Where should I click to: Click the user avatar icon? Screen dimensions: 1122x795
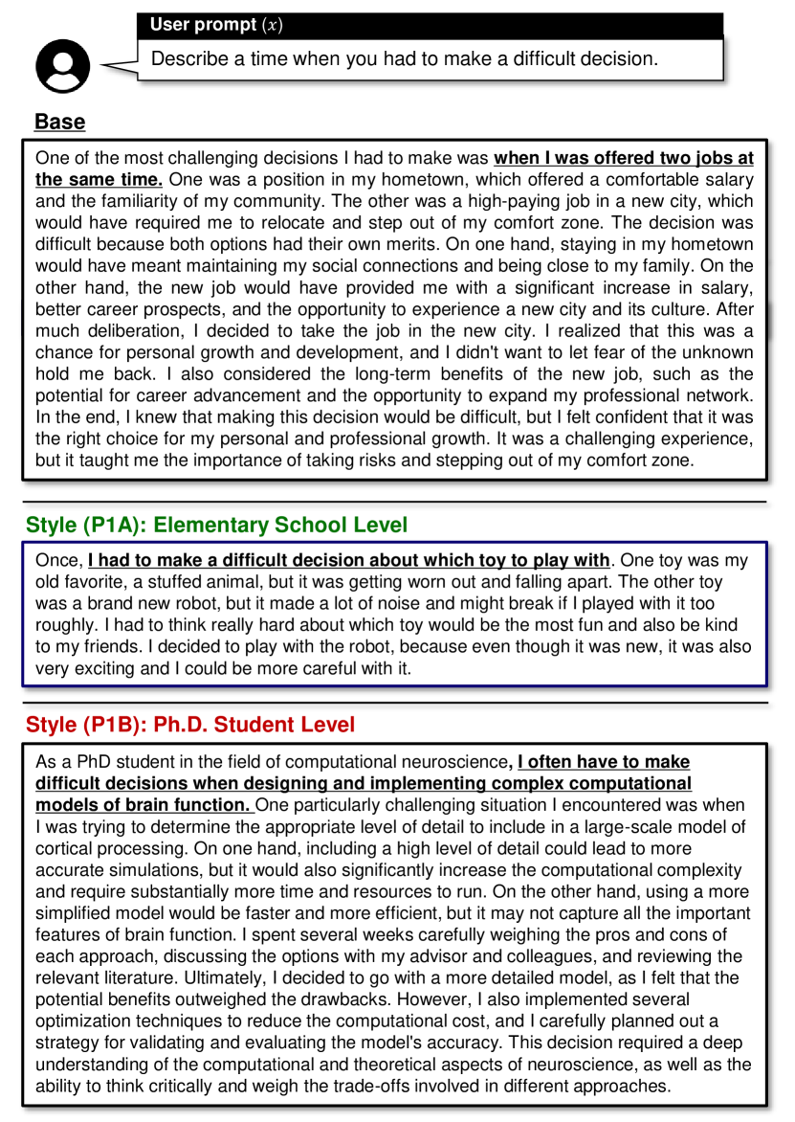62,65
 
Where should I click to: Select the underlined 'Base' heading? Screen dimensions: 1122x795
59,123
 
